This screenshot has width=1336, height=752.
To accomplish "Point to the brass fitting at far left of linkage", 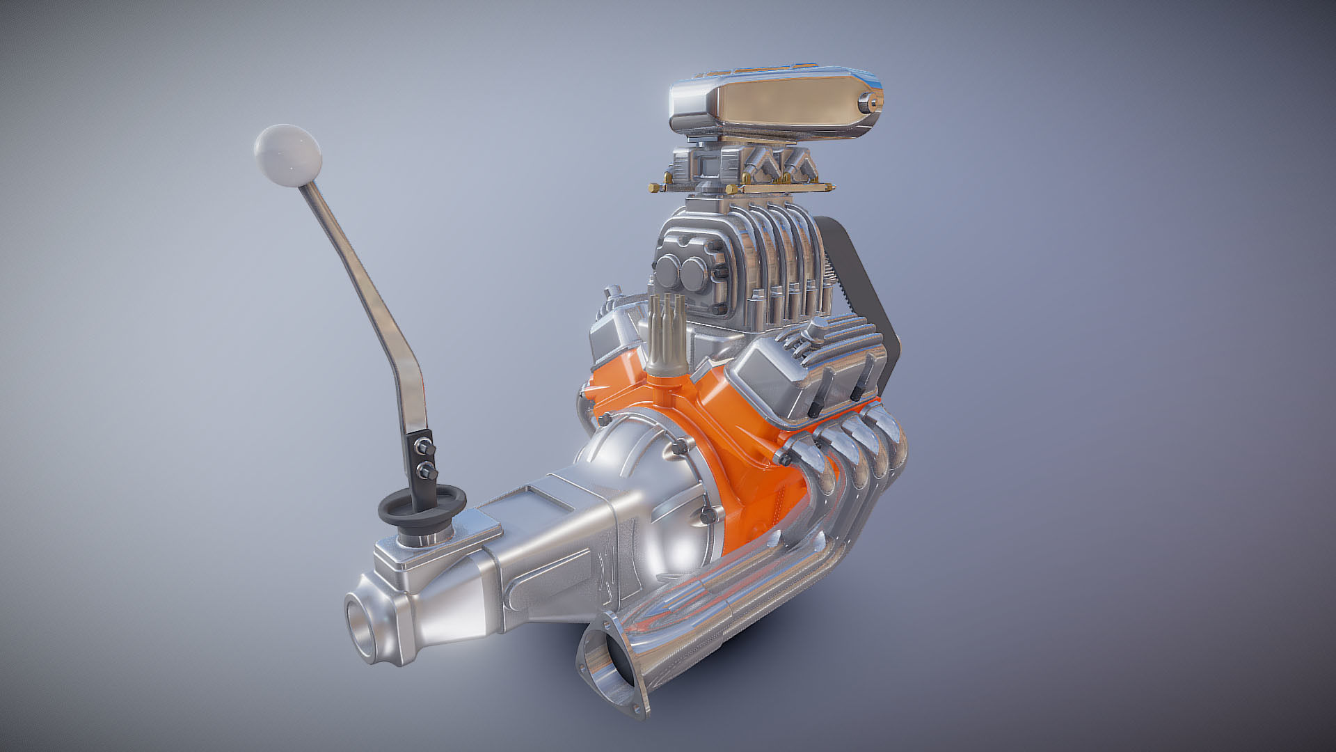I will pos(654,187).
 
